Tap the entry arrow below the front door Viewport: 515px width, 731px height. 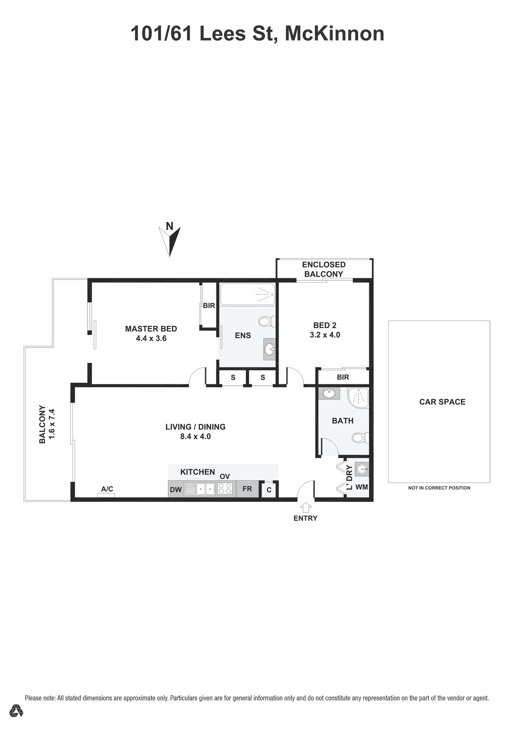305,507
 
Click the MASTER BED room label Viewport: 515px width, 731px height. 151,329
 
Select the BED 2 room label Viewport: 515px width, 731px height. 324,325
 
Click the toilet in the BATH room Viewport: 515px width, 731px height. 360,437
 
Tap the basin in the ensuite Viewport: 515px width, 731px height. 270,349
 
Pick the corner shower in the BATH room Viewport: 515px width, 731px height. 358,398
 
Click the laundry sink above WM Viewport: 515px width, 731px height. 362,470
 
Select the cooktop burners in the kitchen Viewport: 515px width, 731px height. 225,489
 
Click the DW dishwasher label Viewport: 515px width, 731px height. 176,489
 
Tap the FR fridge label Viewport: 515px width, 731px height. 247,489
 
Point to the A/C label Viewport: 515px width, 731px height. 107,489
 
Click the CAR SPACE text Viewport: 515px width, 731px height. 442,402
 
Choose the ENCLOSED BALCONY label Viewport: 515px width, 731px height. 324,269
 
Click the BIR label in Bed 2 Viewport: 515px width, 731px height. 343,377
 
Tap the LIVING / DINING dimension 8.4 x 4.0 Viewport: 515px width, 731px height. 195,436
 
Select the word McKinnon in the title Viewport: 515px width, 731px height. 334,33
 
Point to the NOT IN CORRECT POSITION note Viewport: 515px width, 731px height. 439,488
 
